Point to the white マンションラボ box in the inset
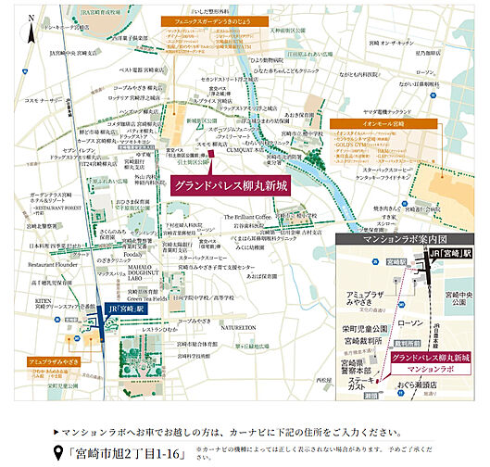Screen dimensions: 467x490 tap(429, 369)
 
